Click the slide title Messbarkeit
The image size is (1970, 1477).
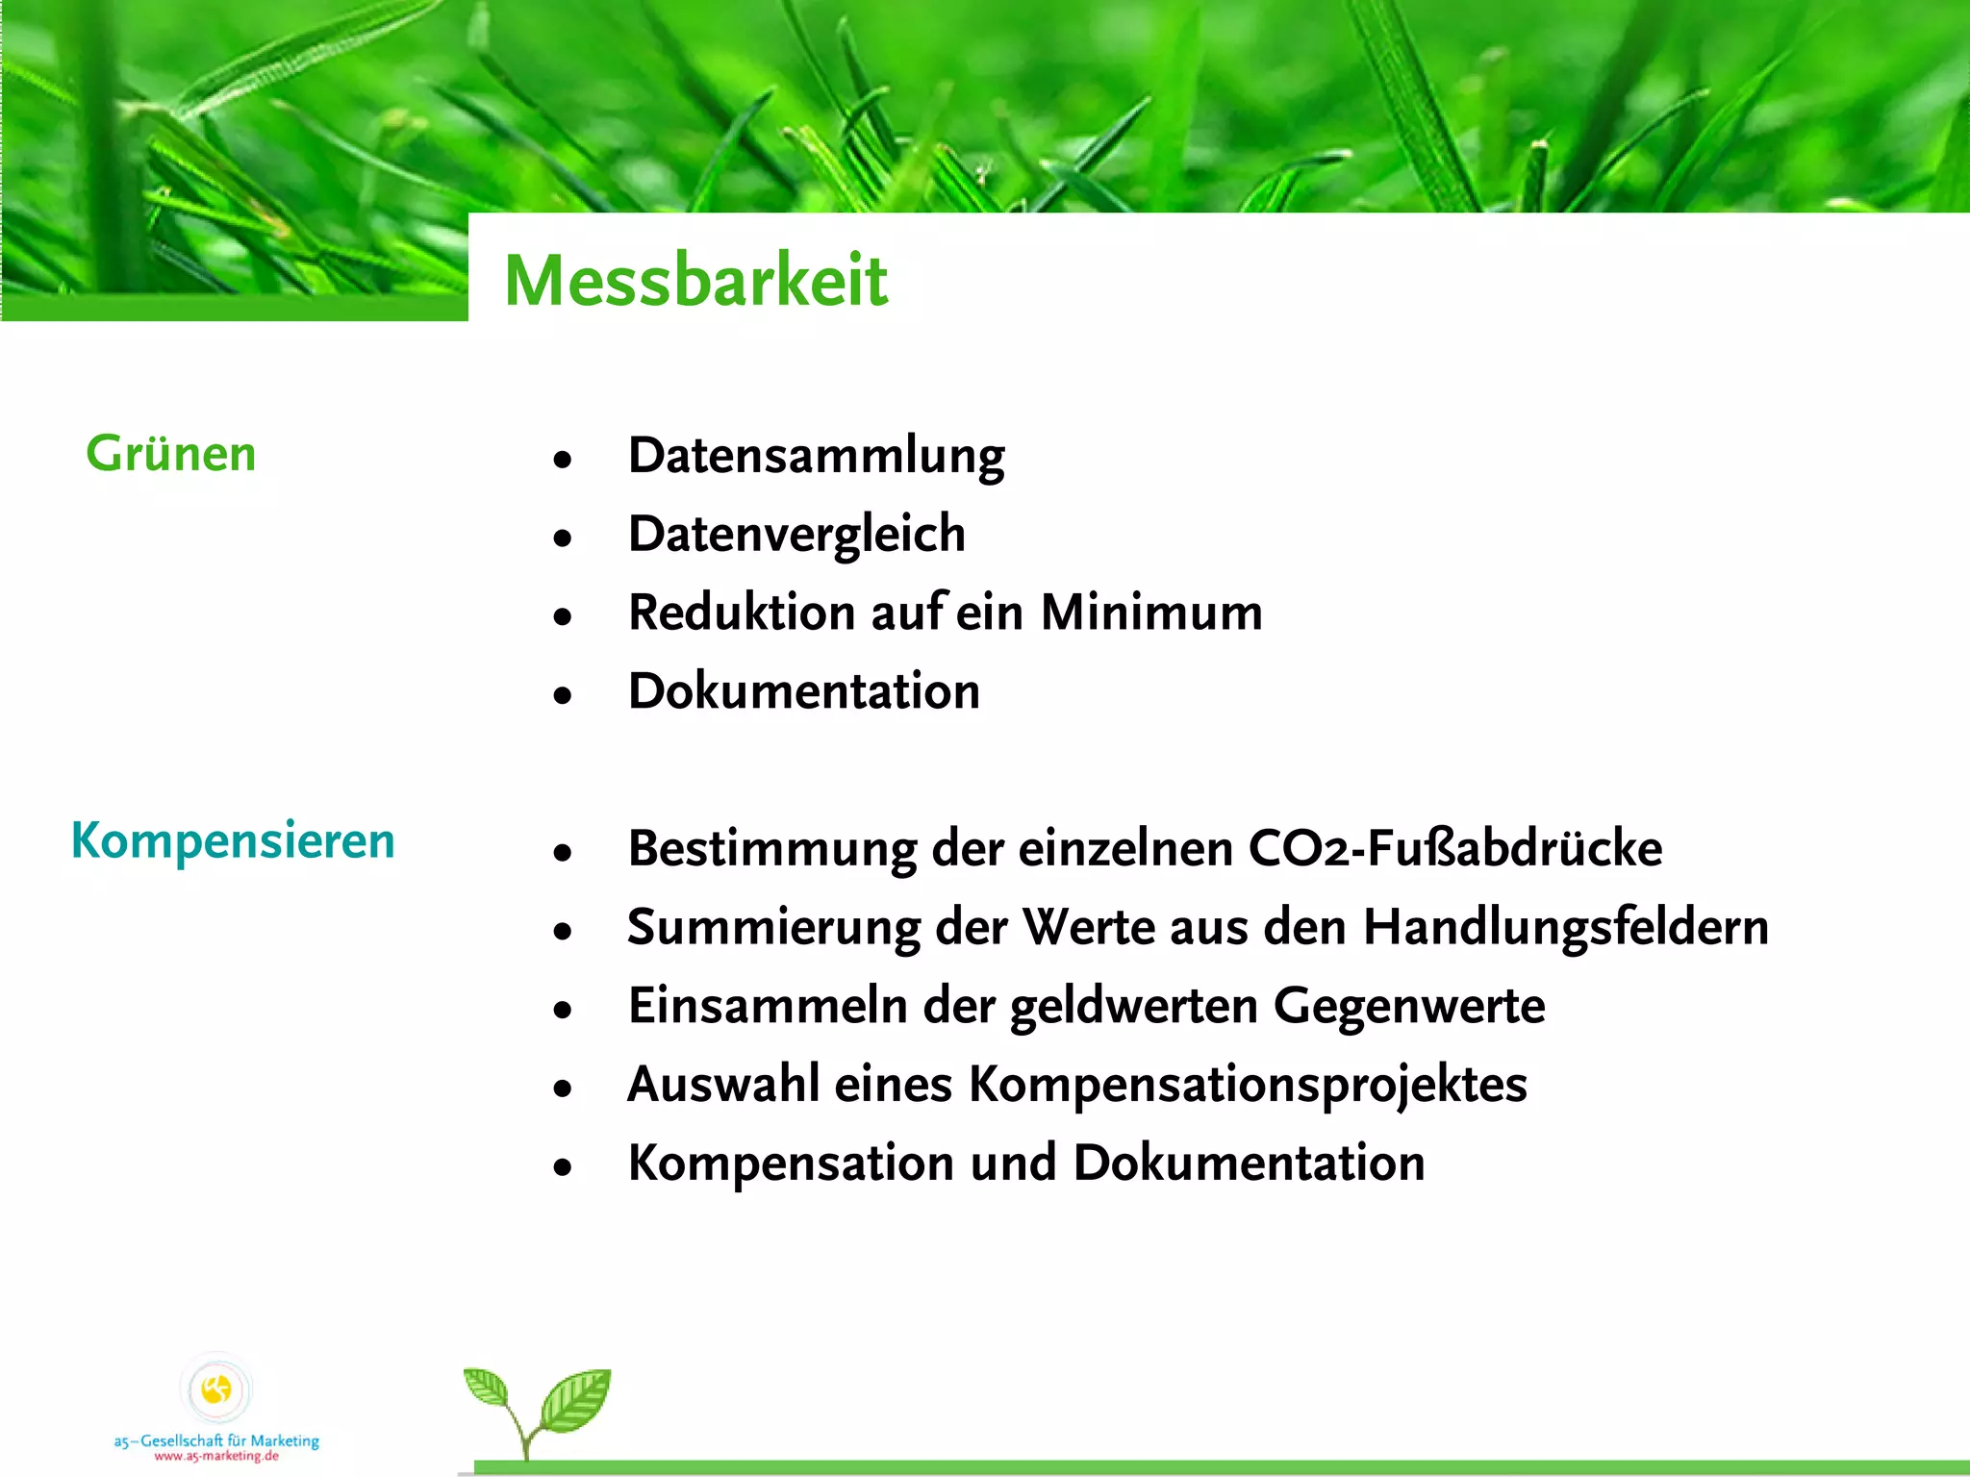pyautogui.click(x=695, y=280)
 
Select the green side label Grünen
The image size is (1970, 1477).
pyautogui.click(x=171, y=453)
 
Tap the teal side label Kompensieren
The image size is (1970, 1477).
pyautogui.click(x=233, y=840)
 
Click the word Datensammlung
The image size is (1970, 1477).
pyautogui.click(x=816, y=456)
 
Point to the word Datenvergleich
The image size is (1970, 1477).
pyautogui.click(x=796, y=534)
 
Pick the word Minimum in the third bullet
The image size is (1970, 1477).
pyautogui.click(x=1151, y=613)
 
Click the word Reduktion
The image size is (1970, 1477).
pyautogui.click(x=742, y=613)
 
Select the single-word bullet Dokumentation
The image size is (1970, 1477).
pyautogui.click(x=804, y=691)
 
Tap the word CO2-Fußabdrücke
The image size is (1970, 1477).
pyautogui.click(x=1455, y=848)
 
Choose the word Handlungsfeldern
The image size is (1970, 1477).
pyautogui.click(x=1566, y=928)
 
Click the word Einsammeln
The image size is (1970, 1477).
pyautogui.click(x=768, y=1006)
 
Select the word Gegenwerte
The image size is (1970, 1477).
pyautogui.click(x=1409, y=1006)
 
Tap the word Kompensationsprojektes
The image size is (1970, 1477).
pyautogui.click(x=1248, y=1085)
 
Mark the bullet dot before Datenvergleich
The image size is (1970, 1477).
pyautogui.click(x=563, y=538)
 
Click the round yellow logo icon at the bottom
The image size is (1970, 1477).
pyautogui.click(x=216, y=1389)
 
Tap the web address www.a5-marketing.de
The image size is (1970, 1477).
pyautogui.click(x=216, y=1456)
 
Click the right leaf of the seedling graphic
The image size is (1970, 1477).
pyautogui.click(x=575, y=1399)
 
